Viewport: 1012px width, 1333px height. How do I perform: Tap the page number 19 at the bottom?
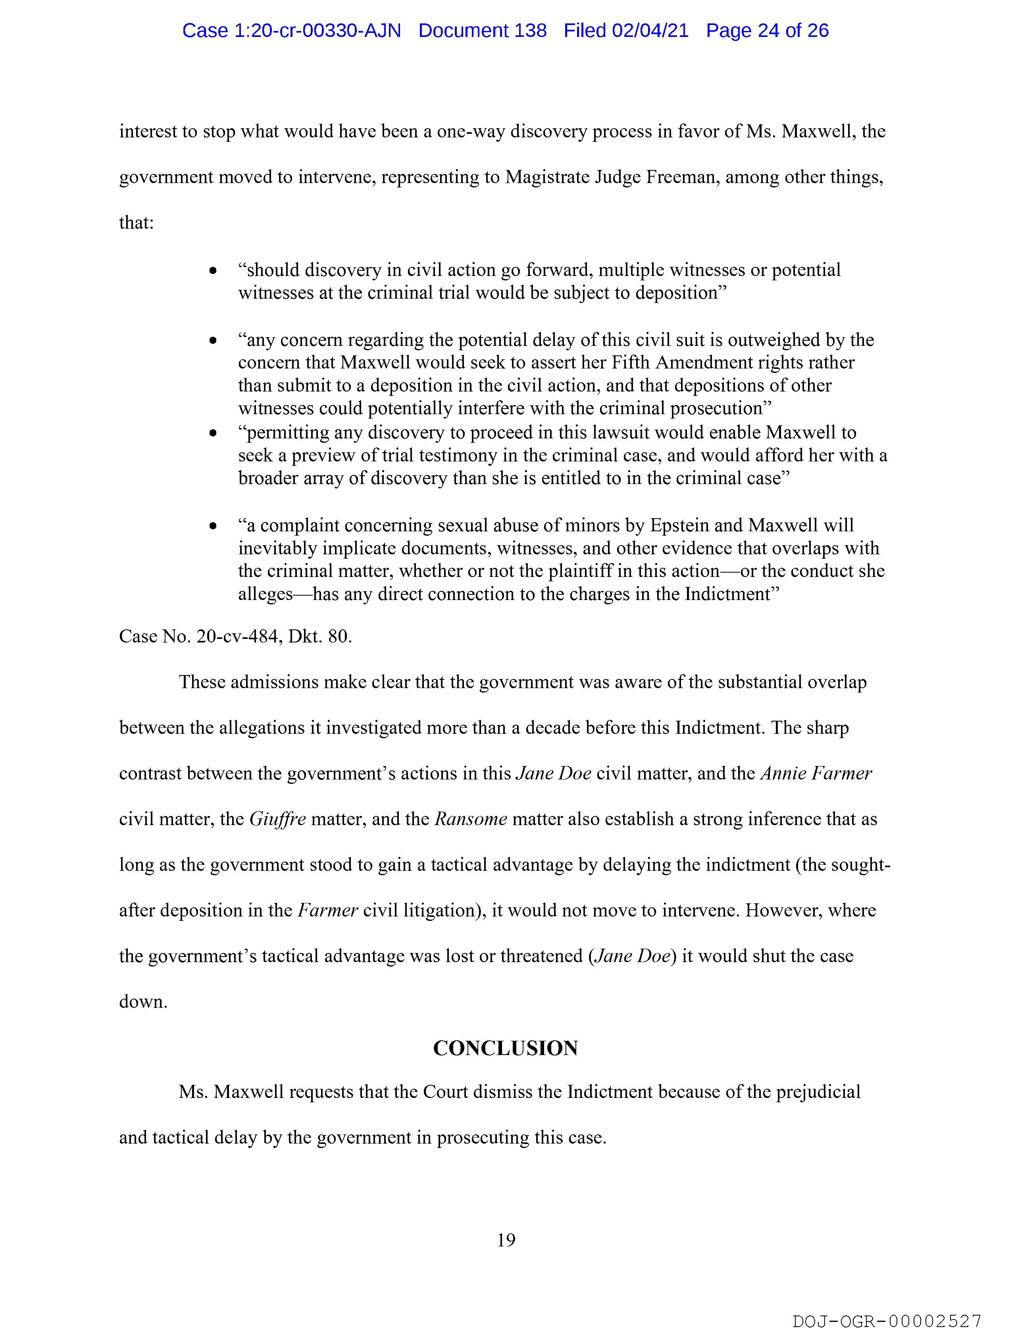[x=506, y=1240]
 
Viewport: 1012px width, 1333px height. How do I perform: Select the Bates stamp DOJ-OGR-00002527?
[x=887, y=1321]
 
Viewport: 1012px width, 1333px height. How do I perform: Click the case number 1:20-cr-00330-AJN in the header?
[x=292, y=30]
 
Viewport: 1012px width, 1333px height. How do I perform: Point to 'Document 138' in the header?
[x=483, y=30]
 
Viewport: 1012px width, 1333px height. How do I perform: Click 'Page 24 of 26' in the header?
[x=768, y=30]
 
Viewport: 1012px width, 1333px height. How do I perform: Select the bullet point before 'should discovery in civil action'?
[x=213, y=271]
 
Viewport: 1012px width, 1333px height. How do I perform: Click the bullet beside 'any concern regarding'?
[x=213, y=341]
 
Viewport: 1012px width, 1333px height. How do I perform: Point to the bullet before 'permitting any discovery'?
[x=213, y=433]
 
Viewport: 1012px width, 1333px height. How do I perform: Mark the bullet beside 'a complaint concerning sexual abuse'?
[x=213, y=527]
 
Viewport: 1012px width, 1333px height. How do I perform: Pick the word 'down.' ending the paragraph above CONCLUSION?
[x=143, y=1001]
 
